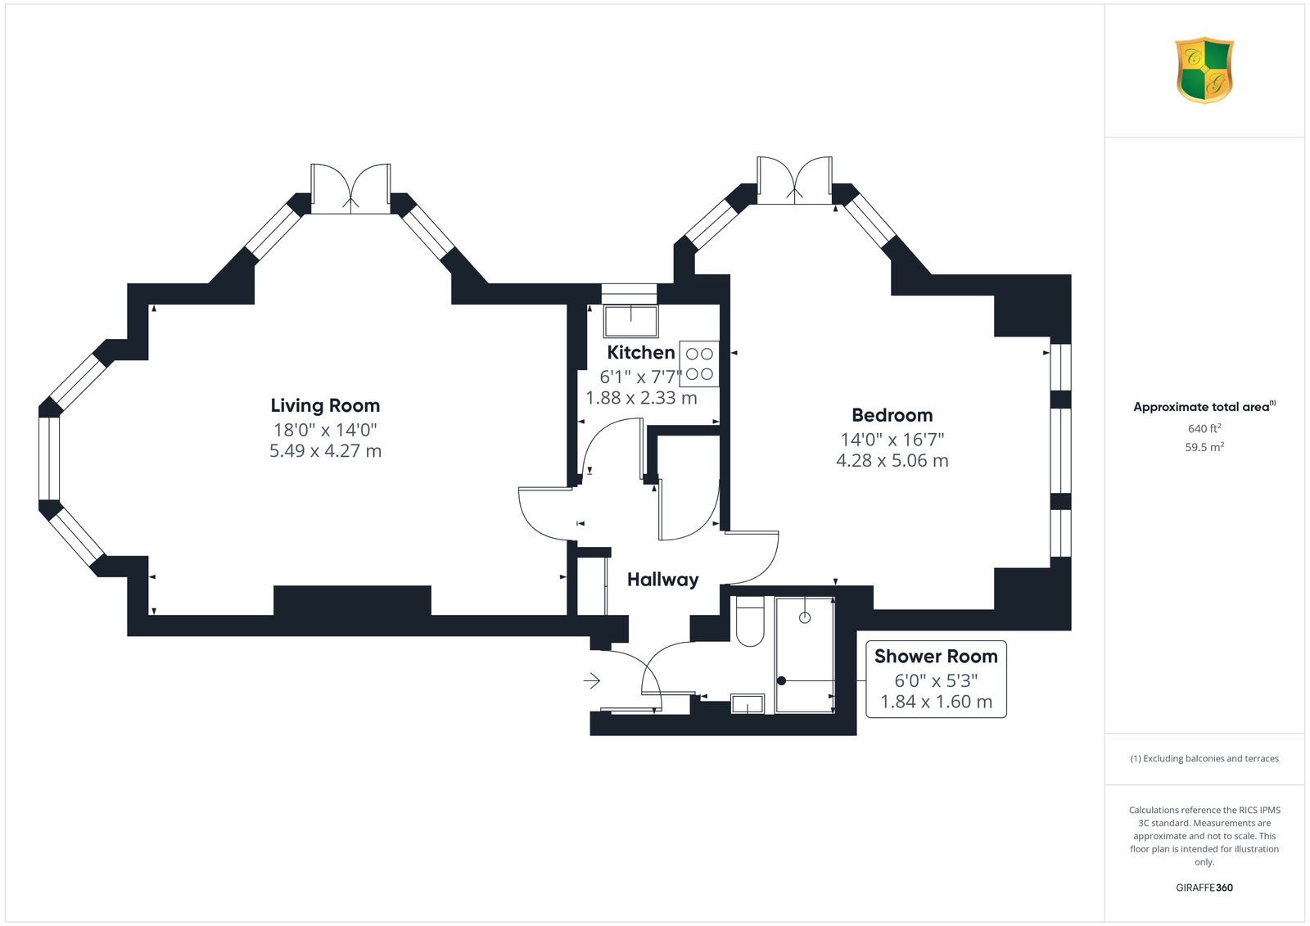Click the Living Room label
325,405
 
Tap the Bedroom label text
892,415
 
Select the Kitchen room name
641,352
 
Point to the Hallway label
662,580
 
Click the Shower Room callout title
936,657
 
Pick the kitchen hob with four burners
699,364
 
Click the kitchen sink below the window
630,321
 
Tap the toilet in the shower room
750,621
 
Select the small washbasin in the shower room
748,704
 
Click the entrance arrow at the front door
591,681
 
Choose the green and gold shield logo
1204,70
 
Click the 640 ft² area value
1204,428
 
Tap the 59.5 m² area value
1204,447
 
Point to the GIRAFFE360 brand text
1204,888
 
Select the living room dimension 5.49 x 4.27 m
325,451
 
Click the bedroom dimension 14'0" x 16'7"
892,440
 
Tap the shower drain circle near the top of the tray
805,617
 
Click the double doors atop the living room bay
350,189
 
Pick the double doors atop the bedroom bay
794,181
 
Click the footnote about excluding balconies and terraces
1204,759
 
